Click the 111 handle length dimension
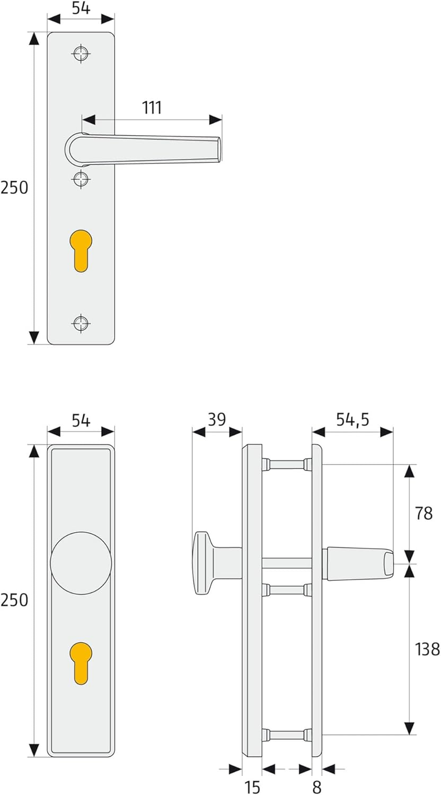[152, 107]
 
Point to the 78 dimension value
[424, 513]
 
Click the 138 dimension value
[427, 649]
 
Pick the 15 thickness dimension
[252, 787]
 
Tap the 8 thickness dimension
[316, 787]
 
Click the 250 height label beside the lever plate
[14, 188]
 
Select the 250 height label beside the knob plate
[14, 600]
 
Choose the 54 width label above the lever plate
[81, 9]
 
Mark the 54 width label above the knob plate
[81, 421]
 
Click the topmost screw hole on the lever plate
[81, 54]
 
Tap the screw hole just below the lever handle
[81, 179]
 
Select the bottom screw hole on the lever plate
[81, 323]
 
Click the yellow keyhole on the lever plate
[81, 250]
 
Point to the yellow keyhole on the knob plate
[81, 661]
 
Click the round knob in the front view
[81, 563]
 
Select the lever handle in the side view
[357, 563]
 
